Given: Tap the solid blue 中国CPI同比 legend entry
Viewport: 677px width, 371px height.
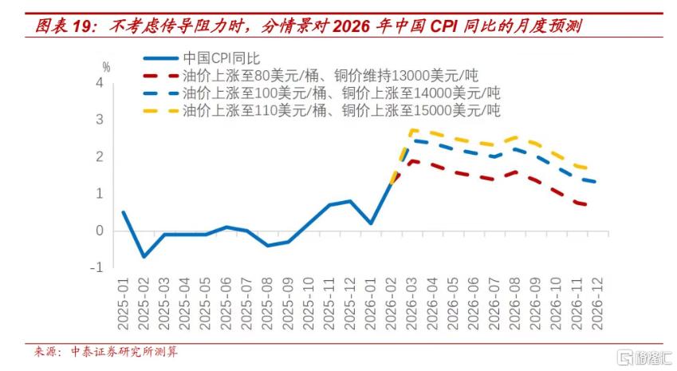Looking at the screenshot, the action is point(202,58).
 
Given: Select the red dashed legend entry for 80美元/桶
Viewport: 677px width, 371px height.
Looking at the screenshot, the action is point(311,76).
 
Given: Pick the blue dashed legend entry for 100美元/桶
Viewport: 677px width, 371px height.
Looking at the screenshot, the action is point(321,93).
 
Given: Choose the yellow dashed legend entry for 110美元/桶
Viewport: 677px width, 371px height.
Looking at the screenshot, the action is point(321,111).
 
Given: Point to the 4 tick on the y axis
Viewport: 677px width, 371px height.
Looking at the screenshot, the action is point(100,82).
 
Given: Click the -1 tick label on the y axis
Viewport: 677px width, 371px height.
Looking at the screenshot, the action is point(96,267).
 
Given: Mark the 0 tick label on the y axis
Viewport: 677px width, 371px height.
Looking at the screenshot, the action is point(100,231).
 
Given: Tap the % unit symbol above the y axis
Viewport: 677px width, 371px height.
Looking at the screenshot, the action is point(106,67).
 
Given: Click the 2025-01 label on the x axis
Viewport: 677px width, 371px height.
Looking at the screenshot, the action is point(123,304).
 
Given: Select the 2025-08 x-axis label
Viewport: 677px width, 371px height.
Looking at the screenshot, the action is point(268,304).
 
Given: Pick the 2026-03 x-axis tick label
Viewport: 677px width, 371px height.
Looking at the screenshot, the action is point(412,304).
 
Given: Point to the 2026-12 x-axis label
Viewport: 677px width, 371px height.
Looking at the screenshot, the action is point(597,304).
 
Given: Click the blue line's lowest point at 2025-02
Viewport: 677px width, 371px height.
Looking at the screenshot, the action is point(144,257).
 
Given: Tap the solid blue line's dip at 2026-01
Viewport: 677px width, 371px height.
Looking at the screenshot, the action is point(371,223).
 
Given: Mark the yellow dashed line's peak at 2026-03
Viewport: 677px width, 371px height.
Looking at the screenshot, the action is point(412,130).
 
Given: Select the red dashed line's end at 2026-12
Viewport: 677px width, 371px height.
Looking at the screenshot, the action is point(596,206).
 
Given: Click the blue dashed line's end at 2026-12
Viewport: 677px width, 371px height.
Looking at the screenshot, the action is point(596,182).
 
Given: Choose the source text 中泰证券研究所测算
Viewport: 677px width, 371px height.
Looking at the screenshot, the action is point(124,352).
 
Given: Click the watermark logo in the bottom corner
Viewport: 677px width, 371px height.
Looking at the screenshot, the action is point(645,357).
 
